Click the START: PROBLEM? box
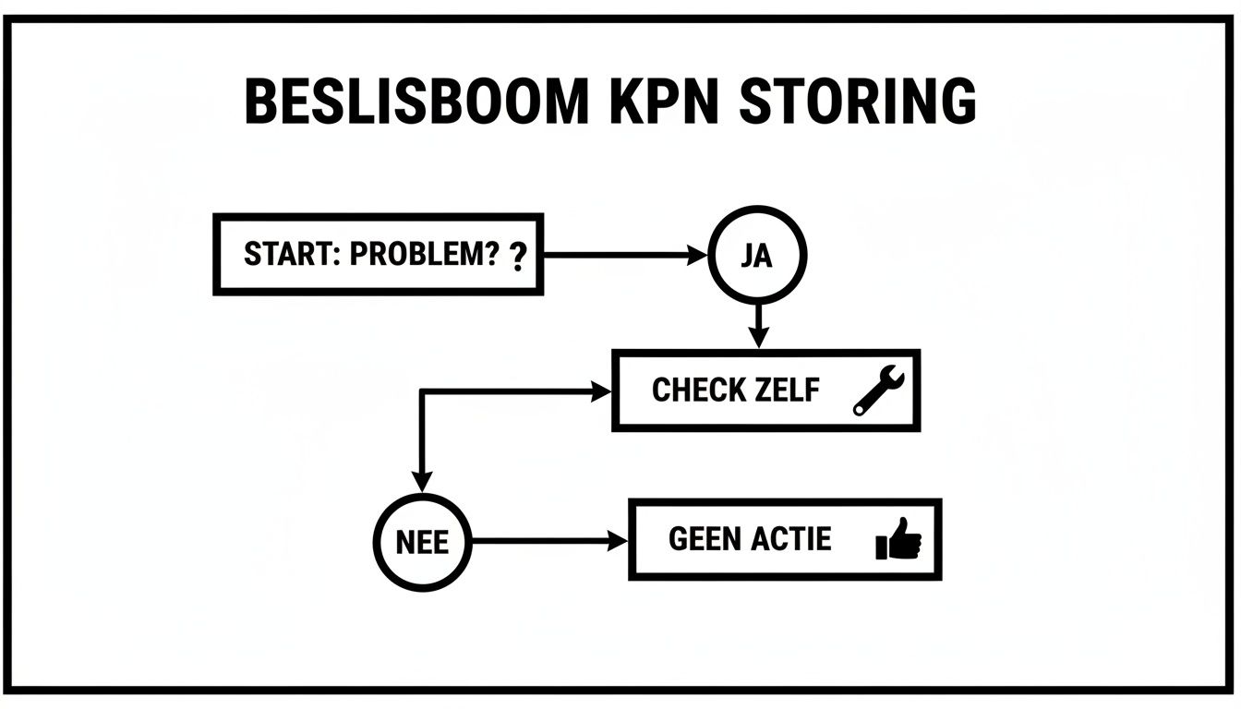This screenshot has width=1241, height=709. click(378, 255)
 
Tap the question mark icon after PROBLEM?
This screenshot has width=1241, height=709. click(518, 258)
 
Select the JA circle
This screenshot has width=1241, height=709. click(757, 255)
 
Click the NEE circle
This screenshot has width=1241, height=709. click(422, 541)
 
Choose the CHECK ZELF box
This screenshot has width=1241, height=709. click(765, 390)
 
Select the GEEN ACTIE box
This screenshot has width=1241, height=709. click(784, 539)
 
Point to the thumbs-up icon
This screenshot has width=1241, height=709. click(898, 540)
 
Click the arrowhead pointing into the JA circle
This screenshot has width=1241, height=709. click(697, 256)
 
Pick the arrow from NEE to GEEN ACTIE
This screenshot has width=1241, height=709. click(549, 541)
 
